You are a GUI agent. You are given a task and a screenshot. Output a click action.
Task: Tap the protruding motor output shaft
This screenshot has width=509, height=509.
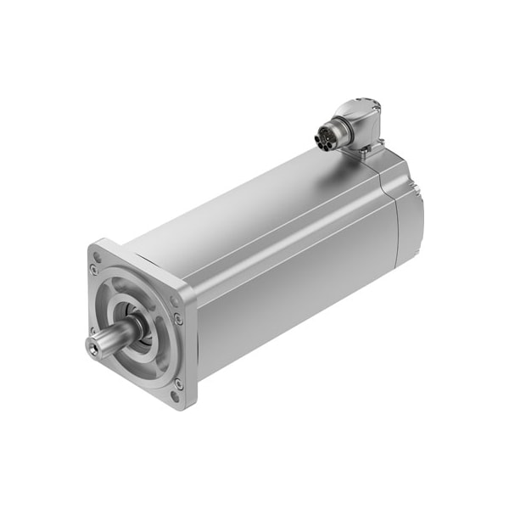110,337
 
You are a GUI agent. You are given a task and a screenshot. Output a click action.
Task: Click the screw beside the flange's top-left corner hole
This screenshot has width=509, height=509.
94,270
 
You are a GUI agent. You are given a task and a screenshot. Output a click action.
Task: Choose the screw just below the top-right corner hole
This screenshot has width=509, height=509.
179,319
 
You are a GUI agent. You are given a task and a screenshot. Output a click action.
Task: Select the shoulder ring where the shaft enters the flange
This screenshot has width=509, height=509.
136,327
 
